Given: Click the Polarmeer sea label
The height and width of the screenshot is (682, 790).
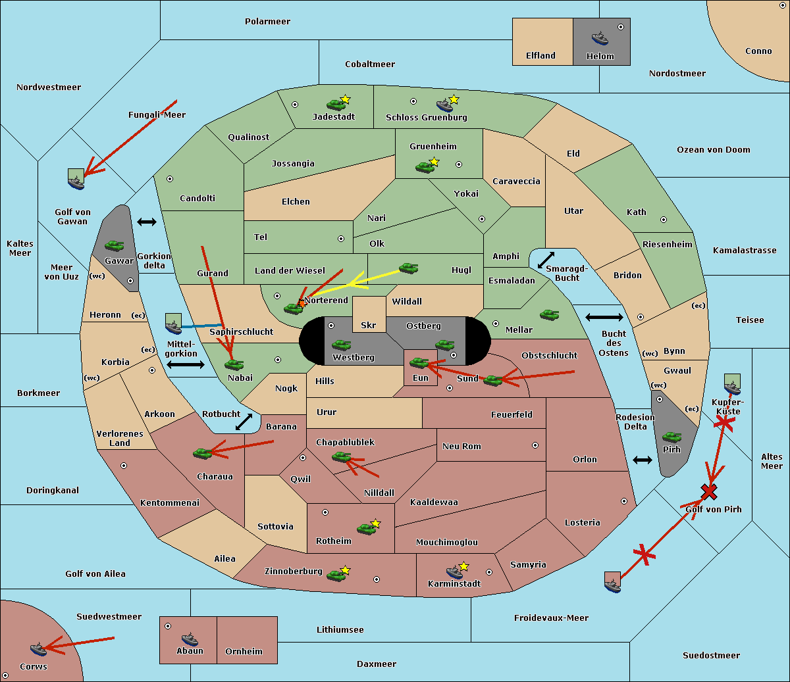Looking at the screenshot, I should pyautogui.click(x=267, y=22).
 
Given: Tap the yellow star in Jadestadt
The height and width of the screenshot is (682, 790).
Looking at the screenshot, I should pyautogui.click(x=345, y=99).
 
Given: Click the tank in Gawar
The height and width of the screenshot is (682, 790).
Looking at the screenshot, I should pyautogui.click(x=115, y=246).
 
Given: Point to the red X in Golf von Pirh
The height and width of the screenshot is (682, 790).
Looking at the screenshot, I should pyautogui.click(x=708, y=491).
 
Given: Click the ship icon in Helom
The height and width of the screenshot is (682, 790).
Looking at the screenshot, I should pyautogui.click(x=600, y=38).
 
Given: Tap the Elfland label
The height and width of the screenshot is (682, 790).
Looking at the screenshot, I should pyautogui.click(x=540, y=56).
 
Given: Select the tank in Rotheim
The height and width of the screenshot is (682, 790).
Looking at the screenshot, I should pyautogui.click(x=366, y=528).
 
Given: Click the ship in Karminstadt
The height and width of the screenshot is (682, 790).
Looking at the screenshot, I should pyautogui.click(x=454, y=571).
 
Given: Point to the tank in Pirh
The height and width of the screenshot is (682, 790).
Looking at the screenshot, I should pyautogui.click(x=671, y=437).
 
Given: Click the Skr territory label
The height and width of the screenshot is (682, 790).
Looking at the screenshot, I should pyautogui.click(x=369, y=325).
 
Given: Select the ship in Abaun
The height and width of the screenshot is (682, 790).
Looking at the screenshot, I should pyautogui.click(x=190, y=639).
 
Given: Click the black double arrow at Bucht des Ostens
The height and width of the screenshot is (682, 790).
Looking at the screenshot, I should pyautogui.click(x=604, y=318).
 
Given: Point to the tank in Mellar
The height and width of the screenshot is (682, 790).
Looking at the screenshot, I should pyautogui.click(x=549, y=315).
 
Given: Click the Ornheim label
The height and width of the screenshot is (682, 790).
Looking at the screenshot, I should pyautogui.click(x=244, y=652).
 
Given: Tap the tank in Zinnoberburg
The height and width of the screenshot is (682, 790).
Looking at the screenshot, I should pyautogui.click(x=336, y=576).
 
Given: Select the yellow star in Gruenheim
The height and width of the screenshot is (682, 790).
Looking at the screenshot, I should pyautogui.click(x=434, y=162).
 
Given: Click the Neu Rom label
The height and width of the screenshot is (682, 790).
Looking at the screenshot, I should pyautogui.click(x=461, y=446).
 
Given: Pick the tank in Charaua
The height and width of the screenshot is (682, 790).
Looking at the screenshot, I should pyautogui.click(x=202, y=453).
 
